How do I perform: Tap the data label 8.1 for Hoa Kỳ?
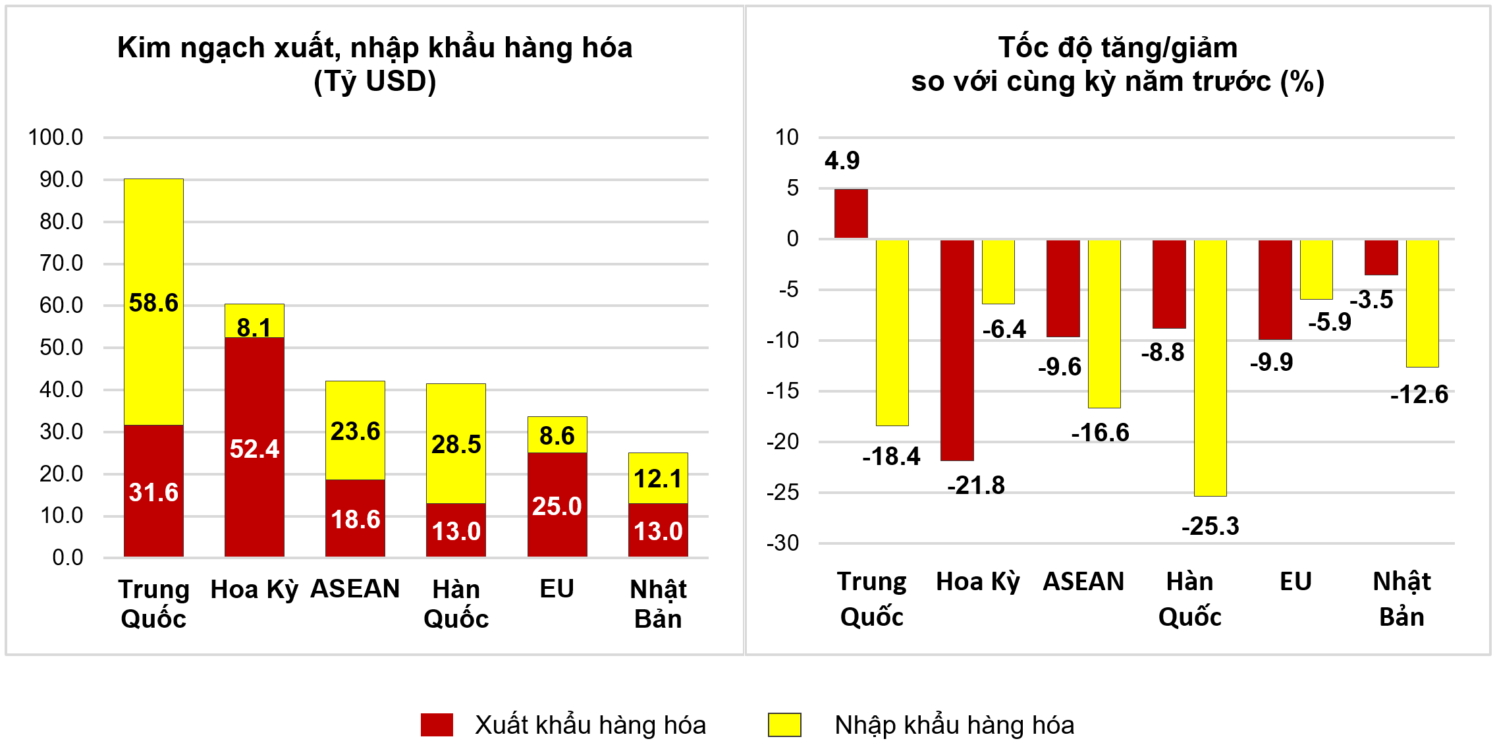click(x=254, y=327)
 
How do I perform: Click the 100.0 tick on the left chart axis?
click(x=55, y=138)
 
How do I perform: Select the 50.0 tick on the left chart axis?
click(x=61, y=348)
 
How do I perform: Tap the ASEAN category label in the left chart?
click(x=355, y=589)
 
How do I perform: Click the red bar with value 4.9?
click(x=851, y=213)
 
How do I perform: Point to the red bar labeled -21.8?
click(x=957, y=350)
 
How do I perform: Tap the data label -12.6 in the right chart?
click(x=1419, y=395)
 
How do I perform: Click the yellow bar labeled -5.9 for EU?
click(x=1316, y=269)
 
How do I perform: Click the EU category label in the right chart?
click(x=1295, y=582)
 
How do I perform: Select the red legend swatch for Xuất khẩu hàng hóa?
click(x=437, y=725)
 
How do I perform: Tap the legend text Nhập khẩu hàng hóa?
click(x=954, y=725)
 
